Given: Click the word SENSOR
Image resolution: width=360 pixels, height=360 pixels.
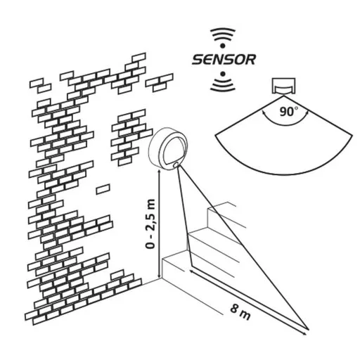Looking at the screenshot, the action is point(224,60).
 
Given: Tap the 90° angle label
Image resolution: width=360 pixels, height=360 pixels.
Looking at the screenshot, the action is point(289,112).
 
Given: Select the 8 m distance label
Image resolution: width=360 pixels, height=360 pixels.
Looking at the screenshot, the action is point(240,312).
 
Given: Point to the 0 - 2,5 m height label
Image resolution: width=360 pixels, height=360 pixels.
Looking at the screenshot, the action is point(150,224).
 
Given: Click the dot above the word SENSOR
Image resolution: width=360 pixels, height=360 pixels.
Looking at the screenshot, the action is point(223,45).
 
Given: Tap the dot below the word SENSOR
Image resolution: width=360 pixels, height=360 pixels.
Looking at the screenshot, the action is point(223,74).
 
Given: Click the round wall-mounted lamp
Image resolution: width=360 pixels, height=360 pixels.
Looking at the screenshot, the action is point(168,148).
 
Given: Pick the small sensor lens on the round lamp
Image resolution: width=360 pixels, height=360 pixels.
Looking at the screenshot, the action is point(176,165).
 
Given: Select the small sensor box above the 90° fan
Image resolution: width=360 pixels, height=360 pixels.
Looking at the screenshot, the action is point(284,86).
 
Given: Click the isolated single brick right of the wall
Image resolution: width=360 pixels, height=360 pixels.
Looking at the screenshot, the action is point(103,189).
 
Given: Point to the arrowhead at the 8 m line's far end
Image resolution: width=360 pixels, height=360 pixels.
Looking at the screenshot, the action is point(304,333).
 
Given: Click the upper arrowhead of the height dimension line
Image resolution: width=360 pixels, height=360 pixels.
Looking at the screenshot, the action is point(159,172).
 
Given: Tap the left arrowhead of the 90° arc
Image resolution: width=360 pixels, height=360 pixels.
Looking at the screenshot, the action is point(264,113).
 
